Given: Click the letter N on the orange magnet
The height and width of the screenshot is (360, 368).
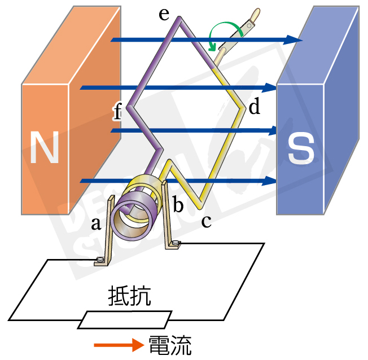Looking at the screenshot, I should click(45, 147).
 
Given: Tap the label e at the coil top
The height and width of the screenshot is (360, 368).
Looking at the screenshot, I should click(164, 14).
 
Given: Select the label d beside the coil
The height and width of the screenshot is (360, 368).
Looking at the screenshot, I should click(255, 107).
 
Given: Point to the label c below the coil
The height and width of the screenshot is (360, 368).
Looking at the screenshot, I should click(206, 221).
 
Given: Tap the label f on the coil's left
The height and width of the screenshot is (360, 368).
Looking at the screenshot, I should click(117, 113).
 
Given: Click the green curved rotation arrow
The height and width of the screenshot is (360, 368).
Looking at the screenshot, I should click(224, 34).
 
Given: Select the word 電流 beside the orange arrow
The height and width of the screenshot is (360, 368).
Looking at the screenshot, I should click(170, 344).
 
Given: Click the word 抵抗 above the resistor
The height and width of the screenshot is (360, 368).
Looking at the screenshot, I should click(129, 296).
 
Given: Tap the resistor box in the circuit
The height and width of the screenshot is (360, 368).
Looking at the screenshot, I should click(124, 319).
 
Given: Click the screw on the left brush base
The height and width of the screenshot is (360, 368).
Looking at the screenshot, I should click(101, 260).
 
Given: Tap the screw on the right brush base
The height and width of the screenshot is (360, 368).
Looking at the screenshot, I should click(176, 244).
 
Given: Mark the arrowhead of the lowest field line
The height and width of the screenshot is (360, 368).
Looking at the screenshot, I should click(271, 181).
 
